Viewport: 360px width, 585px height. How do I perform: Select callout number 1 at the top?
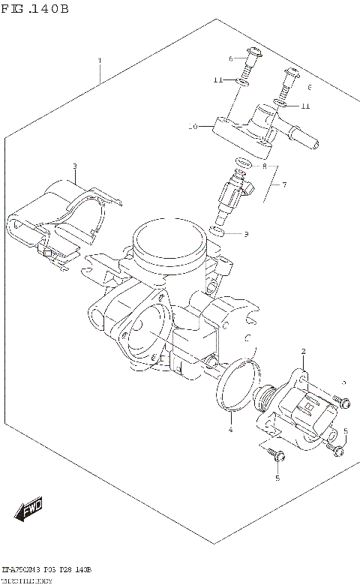coord(99,59)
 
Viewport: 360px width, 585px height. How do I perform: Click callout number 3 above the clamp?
coord(75,166)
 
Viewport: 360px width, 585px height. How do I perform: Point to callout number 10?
coord(193,127)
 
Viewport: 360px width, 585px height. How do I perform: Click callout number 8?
coord(263,165)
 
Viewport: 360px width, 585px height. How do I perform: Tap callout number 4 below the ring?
coord(231,429)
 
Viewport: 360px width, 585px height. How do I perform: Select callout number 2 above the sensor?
coord(303,352)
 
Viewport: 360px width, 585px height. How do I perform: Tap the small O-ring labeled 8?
coord(242,163)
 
